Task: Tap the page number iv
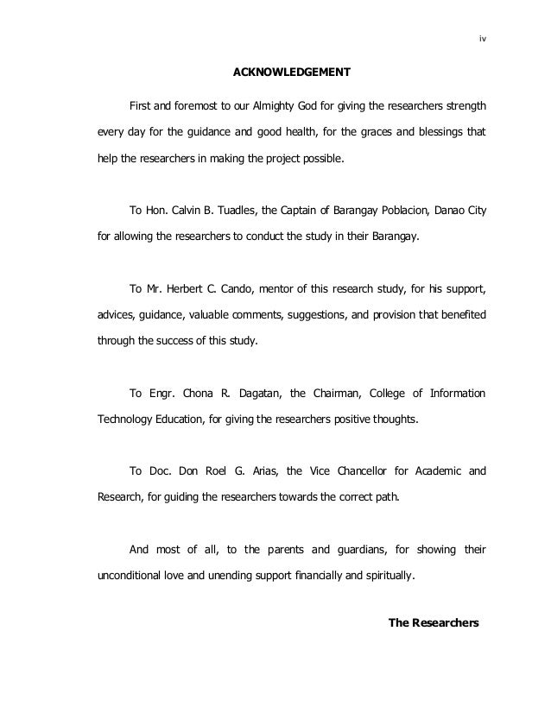pyautogui.click(x=481, y=38)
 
